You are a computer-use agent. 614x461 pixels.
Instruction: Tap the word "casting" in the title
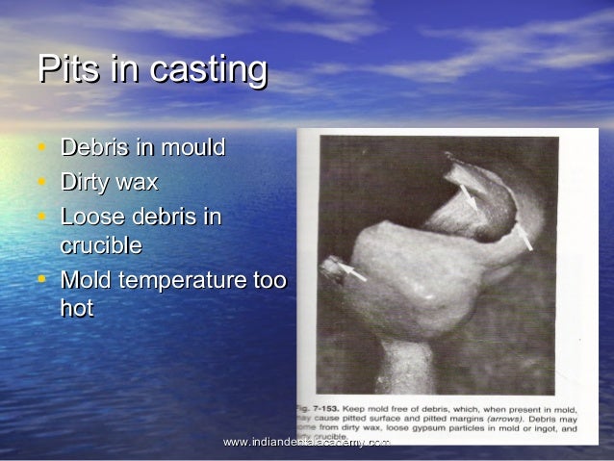[x=199, y=70]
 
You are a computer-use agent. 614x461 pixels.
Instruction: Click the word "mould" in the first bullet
[x=194, y=148]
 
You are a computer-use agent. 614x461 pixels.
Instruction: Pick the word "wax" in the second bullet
[x=140, y=182]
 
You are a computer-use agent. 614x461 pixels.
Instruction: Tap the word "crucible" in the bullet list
[x=101, y=245]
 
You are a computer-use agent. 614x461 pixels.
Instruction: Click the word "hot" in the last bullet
[x=77, y=310]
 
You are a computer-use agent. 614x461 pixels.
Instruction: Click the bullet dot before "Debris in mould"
[x=41, y=149]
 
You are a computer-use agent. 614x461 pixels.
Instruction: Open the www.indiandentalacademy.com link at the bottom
[x=306, y=442]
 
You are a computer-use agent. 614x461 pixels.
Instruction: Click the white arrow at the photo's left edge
[x=350, y=272]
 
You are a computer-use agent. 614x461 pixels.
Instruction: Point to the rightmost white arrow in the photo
[x=524, y=236]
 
